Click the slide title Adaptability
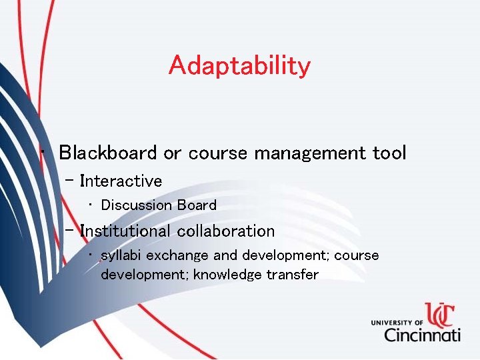239,66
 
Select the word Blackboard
109,153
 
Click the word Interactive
121,181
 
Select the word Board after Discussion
197,205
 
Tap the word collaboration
226,231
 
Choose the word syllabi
121,256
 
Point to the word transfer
293,275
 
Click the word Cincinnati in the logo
421,333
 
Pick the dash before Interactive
70,180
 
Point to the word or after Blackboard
172,153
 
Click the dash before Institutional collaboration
70,230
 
